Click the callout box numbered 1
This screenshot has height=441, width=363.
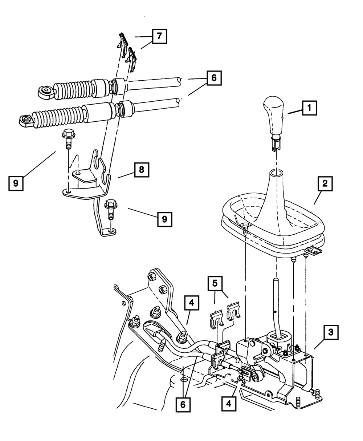pos(309,108)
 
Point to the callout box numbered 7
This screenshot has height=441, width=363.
pos(159,36)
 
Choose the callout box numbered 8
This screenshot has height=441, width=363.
pos(141,170)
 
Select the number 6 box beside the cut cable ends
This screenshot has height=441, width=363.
pos(214,78)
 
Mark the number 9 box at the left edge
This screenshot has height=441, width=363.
pos(16,183)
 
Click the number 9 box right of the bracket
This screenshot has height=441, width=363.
pos(164,219)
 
